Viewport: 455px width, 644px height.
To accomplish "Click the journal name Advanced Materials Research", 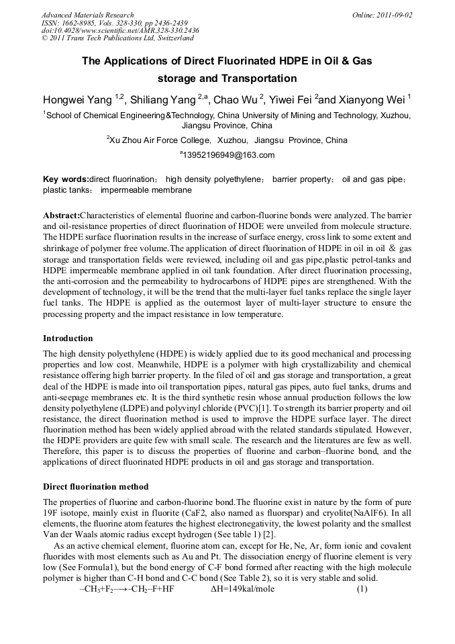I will coord(87,15).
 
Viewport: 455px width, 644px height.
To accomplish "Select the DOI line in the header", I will coord(120,31).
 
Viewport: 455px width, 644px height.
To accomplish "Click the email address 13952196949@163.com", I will coord(227,155).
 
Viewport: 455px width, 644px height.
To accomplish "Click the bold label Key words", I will coord(66,179).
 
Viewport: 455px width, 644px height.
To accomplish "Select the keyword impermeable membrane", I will coord(146,190).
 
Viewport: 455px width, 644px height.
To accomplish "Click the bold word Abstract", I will coord(61,216).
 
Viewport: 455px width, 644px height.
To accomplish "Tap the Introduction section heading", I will coord(68,338).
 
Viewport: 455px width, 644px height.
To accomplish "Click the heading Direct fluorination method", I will coord(95,486).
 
